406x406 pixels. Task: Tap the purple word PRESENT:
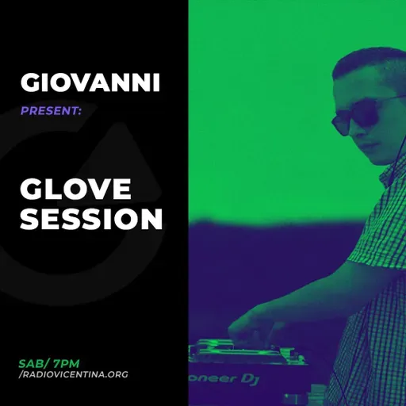click(51, 112)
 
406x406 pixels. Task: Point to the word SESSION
click(91, 220)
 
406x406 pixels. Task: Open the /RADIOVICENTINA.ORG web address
click(73, 374)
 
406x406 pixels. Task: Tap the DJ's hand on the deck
click(246, 326)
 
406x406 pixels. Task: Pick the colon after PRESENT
click(79, 113)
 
